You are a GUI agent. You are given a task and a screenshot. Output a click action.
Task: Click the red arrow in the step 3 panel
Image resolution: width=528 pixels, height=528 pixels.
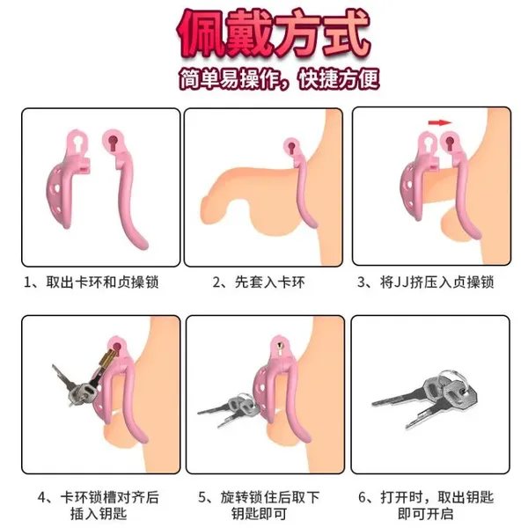[x=435, y=125]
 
